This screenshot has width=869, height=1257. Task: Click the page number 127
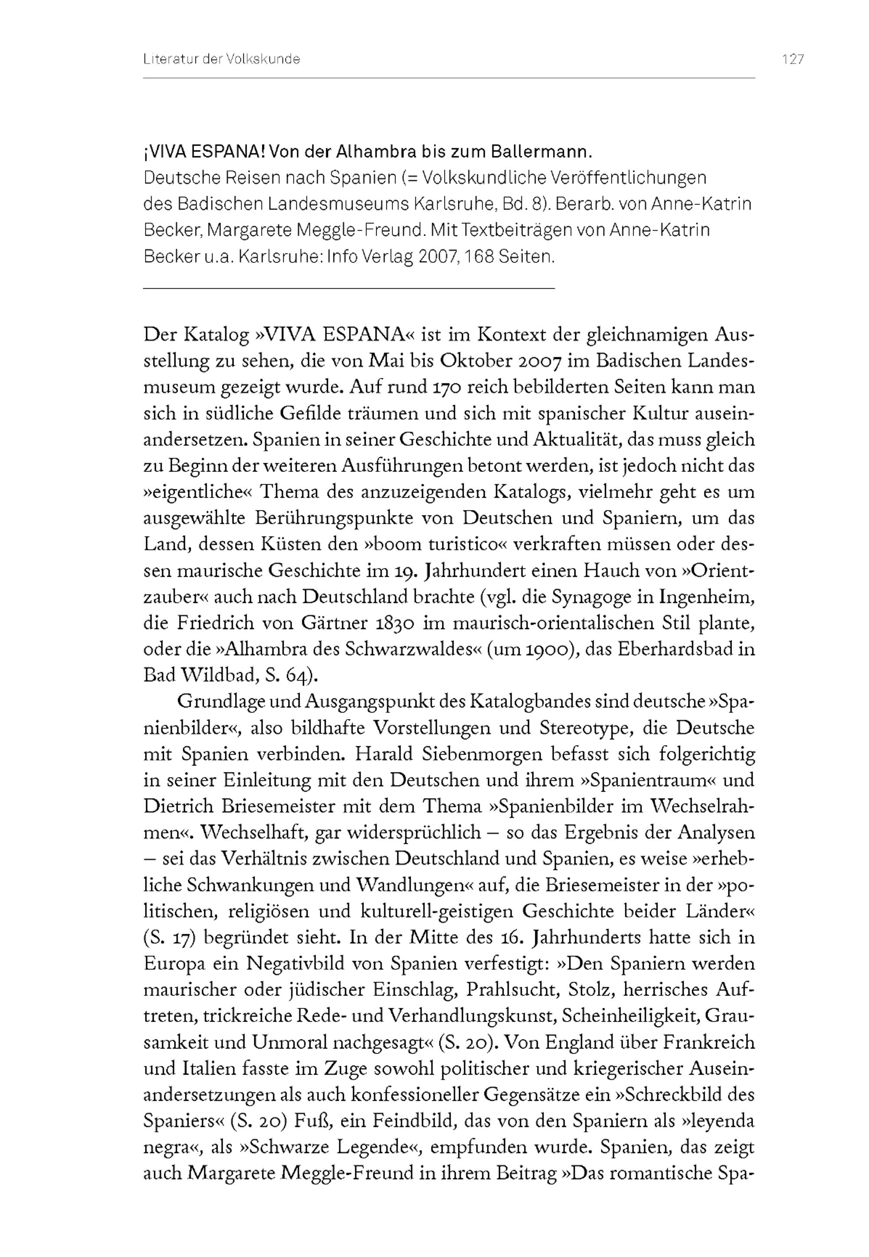click(793, 60)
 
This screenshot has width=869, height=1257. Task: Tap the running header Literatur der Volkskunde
click(222, 60)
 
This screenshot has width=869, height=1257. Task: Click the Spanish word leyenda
click(721, 1121)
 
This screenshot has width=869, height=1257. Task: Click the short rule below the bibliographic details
click(348, 288)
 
